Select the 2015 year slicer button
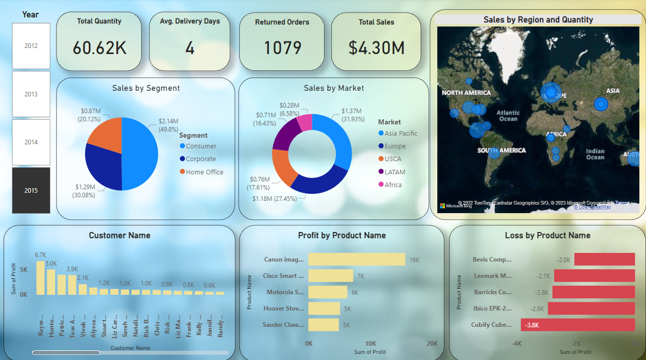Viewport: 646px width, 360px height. [31, 190]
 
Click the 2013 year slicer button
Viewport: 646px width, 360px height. [31, 94]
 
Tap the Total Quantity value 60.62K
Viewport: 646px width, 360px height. [100, 48]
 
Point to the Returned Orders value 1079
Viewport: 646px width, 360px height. [282, 48]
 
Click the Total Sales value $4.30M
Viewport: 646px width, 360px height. [377, 48]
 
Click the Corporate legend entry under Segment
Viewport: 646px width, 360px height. [201, 159]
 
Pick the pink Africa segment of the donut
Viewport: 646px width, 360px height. [305, 122]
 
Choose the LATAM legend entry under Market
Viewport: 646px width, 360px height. [395, 172]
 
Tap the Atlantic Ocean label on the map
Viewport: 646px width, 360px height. [508, 116]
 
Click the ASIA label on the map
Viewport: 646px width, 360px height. [613, 91]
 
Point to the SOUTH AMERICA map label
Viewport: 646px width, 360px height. [501, 150]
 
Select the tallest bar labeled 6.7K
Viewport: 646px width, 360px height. [40, 278]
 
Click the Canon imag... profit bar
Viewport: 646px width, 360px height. [357, 260]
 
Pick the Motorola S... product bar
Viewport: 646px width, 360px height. [328, 292]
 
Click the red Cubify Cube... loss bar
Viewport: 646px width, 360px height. [578, 325]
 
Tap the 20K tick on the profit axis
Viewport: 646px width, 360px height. [432, 344]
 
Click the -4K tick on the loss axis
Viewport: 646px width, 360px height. [516, 344]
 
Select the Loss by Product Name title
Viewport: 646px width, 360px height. [548, 236]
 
